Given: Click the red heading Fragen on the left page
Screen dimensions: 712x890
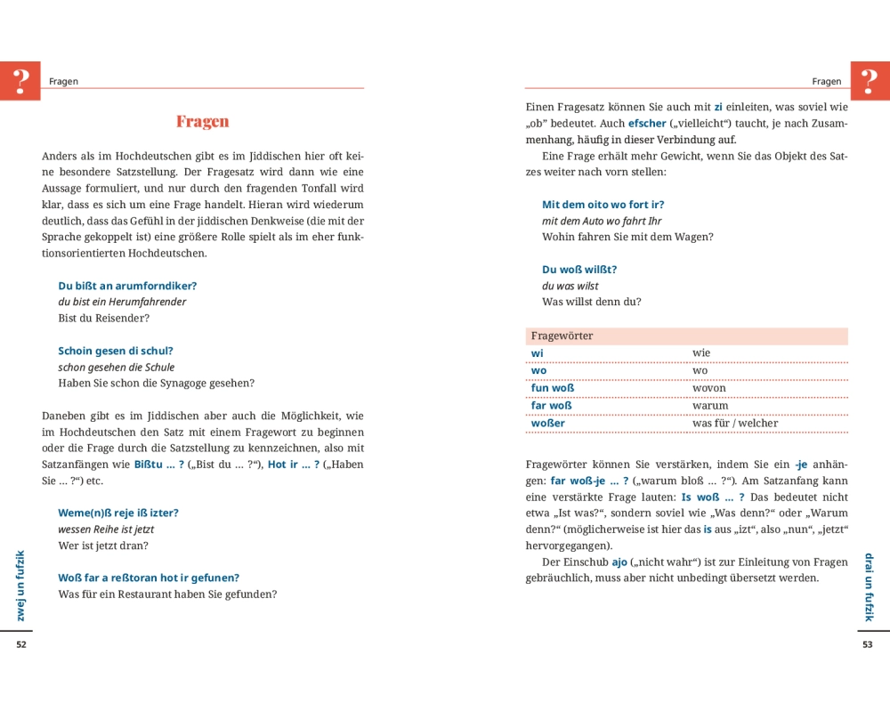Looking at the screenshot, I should tap(202, 122).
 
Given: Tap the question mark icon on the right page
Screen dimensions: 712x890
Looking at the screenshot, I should tap(870, 80).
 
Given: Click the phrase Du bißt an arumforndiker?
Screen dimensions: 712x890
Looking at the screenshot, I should tap(127, 286).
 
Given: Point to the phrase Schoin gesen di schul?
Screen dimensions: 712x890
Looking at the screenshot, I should tap(116, 351).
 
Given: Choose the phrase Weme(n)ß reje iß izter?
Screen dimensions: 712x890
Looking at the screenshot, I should tap(118, 513).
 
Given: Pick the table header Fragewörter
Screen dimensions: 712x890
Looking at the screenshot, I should tap(562, 336).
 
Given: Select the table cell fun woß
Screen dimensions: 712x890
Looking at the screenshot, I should tap(552, 388).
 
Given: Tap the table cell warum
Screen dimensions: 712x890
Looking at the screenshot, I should tap(710, 406).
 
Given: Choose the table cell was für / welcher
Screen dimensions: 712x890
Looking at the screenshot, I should tap(735, 423).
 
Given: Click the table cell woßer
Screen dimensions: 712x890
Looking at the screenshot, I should tap(547, 423).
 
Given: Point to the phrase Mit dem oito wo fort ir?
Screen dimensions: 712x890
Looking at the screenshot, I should tap(603, 204).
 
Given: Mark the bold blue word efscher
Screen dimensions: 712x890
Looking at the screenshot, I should tap(647, 123).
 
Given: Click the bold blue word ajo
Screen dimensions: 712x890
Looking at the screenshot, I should tap(619, 562).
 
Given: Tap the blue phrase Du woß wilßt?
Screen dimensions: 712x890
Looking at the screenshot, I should tap(579, 269).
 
